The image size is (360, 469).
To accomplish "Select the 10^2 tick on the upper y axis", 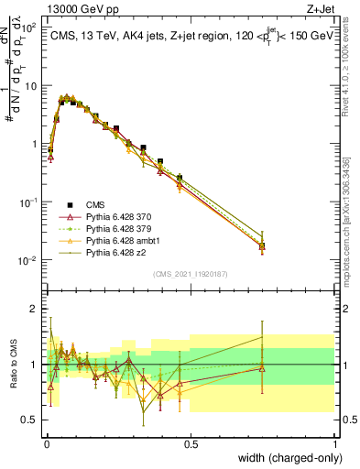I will pyautogui.click(x=28, y=27).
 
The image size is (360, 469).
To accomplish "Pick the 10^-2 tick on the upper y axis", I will pyautogui.click(x=28, y=260).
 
